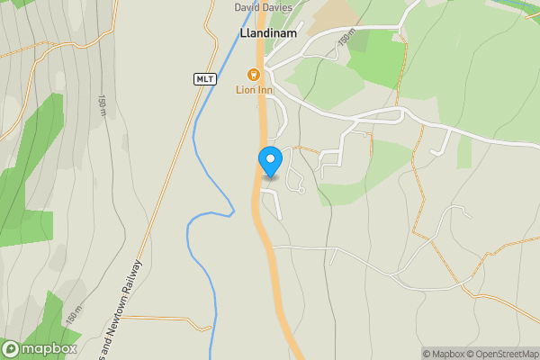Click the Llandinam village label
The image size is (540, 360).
pos(268,33)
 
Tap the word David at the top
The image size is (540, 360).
pos(250,7)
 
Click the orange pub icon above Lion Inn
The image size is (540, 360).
pos(255,74)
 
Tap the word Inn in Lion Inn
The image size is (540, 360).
pos(265,89)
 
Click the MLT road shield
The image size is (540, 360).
pos(205,79)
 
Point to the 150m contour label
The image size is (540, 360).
pos(346,40)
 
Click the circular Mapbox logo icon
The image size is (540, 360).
pos(12,349)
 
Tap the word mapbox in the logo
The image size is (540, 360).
pos(49,349)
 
